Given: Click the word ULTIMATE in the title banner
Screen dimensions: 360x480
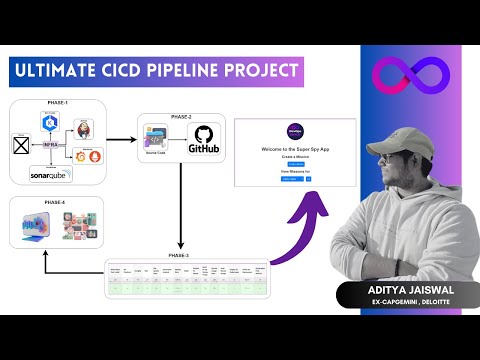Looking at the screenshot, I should (63, 71).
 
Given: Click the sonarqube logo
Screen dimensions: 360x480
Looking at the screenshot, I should (50, 174).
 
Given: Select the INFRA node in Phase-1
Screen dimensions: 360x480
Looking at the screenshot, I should (48, 143).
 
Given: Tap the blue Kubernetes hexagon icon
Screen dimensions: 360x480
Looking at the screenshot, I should (48, 119).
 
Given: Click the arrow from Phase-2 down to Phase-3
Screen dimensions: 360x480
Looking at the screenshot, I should (181, 210).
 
